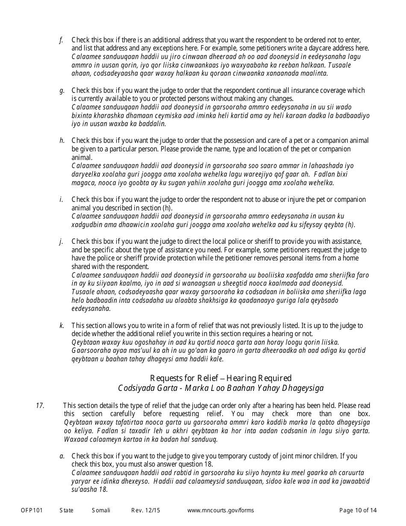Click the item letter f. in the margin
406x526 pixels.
point(61,40)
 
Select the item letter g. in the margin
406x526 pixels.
point(62,91)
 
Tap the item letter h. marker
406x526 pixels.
point(62,141)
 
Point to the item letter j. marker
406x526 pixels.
point(61,242)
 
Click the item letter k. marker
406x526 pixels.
point(62,326)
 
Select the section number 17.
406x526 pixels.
point(40,406)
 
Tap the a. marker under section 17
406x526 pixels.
point(62,456)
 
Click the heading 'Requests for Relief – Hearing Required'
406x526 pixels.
point(221,378)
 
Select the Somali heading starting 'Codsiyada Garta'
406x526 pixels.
point(221,388)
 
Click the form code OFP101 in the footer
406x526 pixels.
point(32,510)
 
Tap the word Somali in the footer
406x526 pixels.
point(101,510)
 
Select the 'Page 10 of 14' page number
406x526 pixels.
point(358,510)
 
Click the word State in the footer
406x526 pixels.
point(66,510)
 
